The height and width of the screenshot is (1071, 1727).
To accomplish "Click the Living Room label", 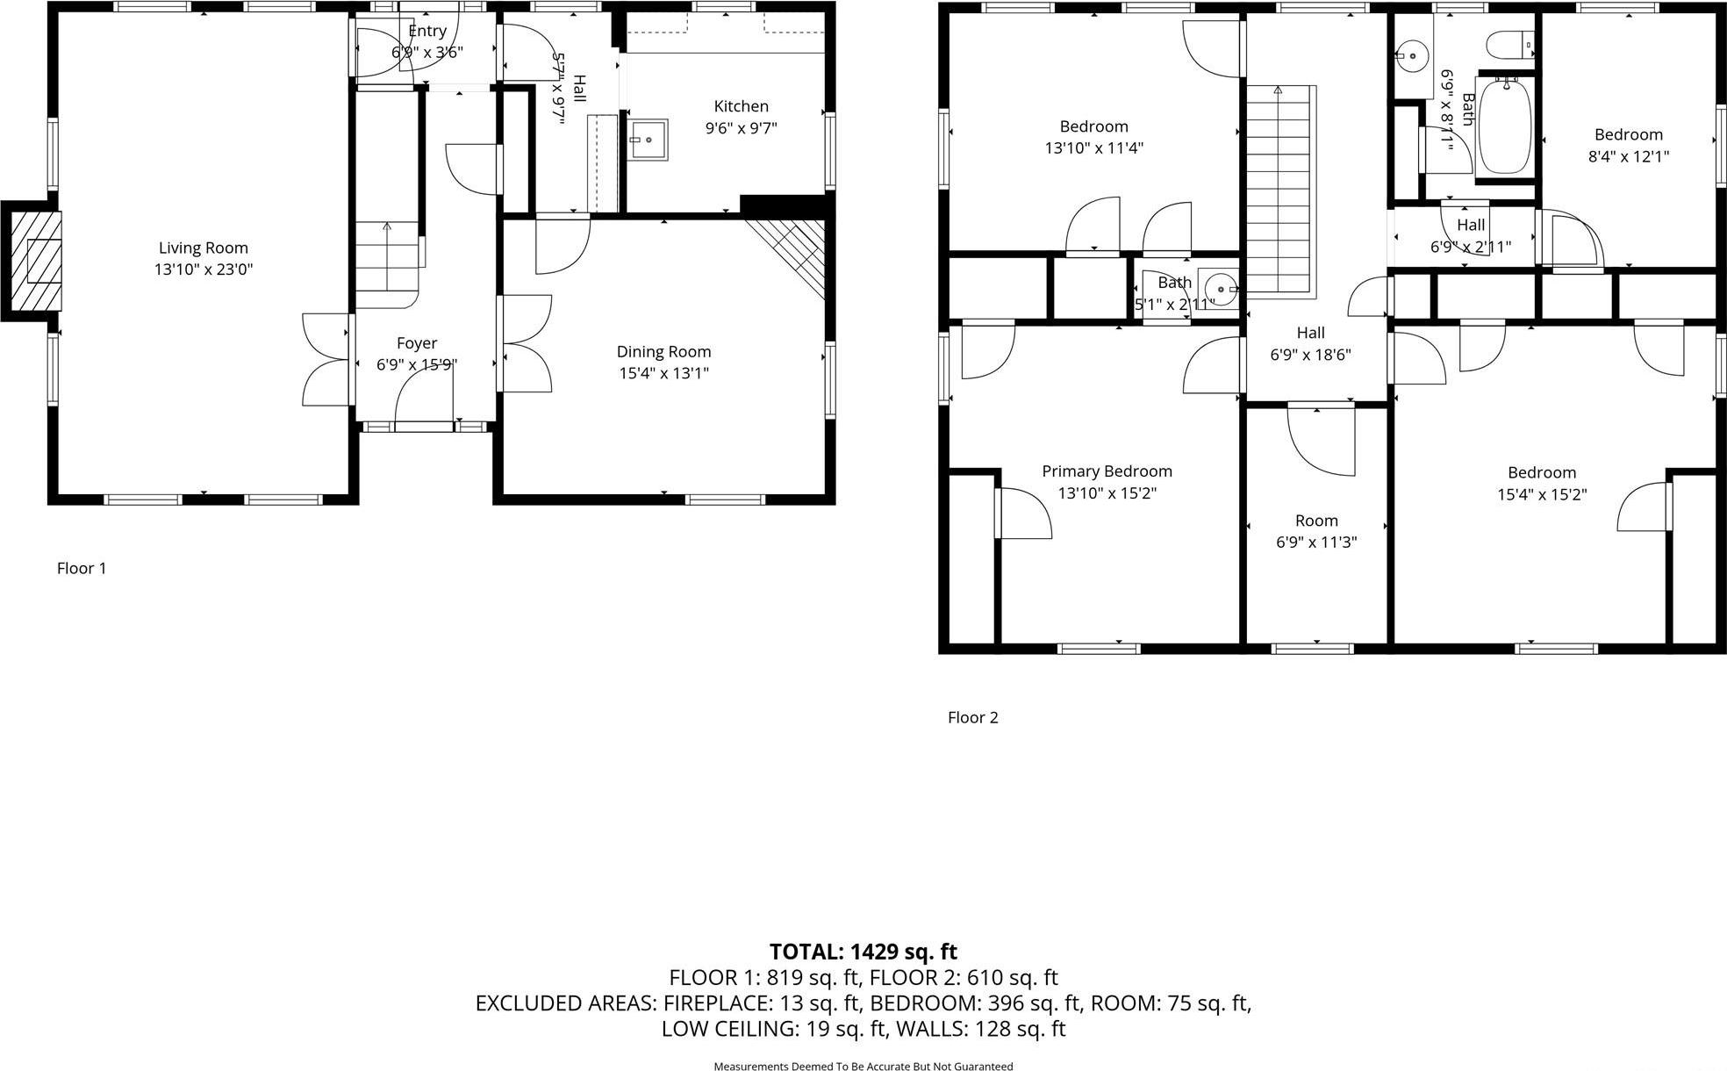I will click(x=203, y=248).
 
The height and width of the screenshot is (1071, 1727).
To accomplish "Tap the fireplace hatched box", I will click(x=38, y=261).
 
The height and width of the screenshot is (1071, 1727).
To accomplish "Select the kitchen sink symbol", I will click(x=648, y=140).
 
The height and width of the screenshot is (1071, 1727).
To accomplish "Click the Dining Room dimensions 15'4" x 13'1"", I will click(x=663, y=373).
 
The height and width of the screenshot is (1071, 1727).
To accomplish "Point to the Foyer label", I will click(x=417, y=343).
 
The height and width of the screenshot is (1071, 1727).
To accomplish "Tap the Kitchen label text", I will click(x=741, y=106).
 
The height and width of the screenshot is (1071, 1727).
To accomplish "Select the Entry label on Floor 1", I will click(x=427, y=32).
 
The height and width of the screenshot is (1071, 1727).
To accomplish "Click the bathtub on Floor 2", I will click(x=1506, y=127).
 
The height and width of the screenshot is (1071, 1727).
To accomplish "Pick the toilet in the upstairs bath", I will click(x=1509, y=43).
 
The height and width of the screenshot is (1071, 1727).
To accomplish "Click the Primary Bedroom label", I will click(x=1107, y=471).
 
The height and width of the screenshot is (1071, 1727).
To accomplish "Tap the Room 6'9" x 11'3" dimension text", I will click(x=1316, y=543).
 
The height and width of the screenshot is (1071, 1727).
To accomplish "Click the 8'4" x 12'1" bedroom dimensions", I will click(x=1629, y=157).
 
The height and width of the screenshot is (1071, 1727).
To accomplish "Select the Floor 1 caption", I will click(x=82, y=568).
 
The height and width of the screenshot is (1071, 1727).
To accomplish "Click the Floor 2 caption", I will click(x=972, y=717).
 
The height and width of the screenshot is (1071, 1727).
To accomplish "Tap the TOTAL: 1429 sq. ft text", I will click(x=863, y=952).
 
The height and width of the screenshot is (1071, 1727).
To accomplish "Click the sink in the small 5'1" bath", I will click(x=1219, y=287).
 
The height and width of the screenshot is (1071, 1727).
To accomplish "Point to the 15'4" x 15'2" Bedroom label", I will click(x=1542, y=472).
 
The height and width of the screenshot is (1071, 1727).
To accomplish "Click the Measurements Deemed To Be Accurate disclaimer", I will click(x=863, y=1066).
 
